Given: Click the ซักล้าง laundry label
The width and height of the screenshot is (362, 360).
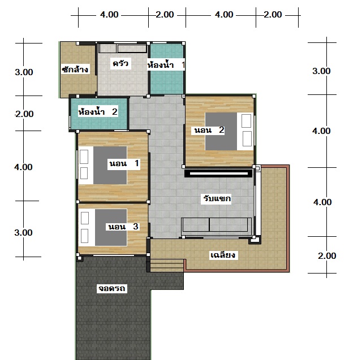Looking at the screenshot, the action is (75, 70).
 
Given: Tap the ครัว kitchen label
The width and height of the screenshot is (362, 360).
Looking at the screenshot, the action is (120, 63).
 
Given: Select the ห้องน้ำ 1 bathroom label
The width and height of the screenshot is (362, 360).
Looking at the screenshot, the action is (166, 65).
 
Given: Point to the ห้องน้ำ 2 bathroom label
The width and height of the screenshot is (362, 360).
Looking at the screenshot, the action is (98, 112).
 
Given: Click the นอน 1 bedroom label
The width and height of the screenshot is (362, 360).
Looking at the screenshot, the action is (124, 163).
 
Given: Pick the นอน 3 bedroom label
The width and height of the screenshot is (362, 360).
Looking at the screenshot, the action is (123, 227).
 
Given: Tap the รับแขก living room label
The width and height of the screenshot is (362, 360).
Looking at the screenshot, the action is (217, 198).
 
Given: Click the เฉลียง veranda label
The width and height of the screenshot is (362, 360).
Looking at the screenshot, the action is (223, 255).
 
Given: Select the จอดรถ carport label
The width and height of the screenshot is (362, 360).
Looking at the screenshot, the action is (112, 288).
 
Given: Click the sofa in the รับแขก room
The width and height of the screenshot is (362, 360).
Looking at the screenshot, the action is (216, 224).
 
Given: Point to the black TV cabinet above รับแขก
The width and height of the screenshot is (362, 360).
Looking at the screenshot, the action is (218, 173).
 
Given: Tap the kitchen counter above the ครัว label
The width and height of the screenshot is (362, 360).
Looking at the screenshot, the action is (123, 49).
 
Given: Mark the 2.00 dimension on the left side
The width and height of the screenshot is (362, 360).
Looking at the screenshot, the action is (24, 114).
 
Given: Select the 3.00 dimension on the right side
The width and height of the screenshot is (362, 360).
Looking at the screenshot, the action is (321, 71).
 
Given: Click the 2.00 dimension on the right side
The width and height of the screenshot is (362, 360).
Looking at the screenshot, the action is (327, 255).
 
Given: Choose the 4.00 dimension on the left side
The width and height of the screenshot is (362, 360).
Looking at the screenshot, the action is (23, 167).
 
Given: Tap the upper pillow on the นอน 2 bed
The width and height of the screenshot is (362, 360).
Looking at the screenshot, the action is (247, 120).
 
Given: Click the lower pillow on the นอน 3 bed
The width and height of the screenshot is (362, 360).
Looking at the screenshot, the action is (85, 236).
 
